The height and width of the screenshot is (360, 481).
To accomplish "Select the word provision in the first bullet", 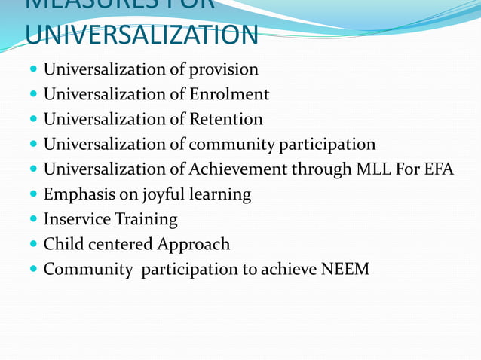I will tap(223, 70).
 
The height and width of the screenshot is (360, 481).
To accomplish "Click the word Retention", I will tap(225, 120).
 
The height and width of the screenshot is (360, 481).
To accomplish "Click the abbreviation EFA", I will tap(438, 169).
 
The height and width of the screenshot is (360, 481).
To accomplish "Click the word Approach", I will tap(193, 245).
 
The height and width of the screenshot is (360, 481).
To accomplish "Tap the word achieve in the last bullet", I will tap(290, 269).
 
